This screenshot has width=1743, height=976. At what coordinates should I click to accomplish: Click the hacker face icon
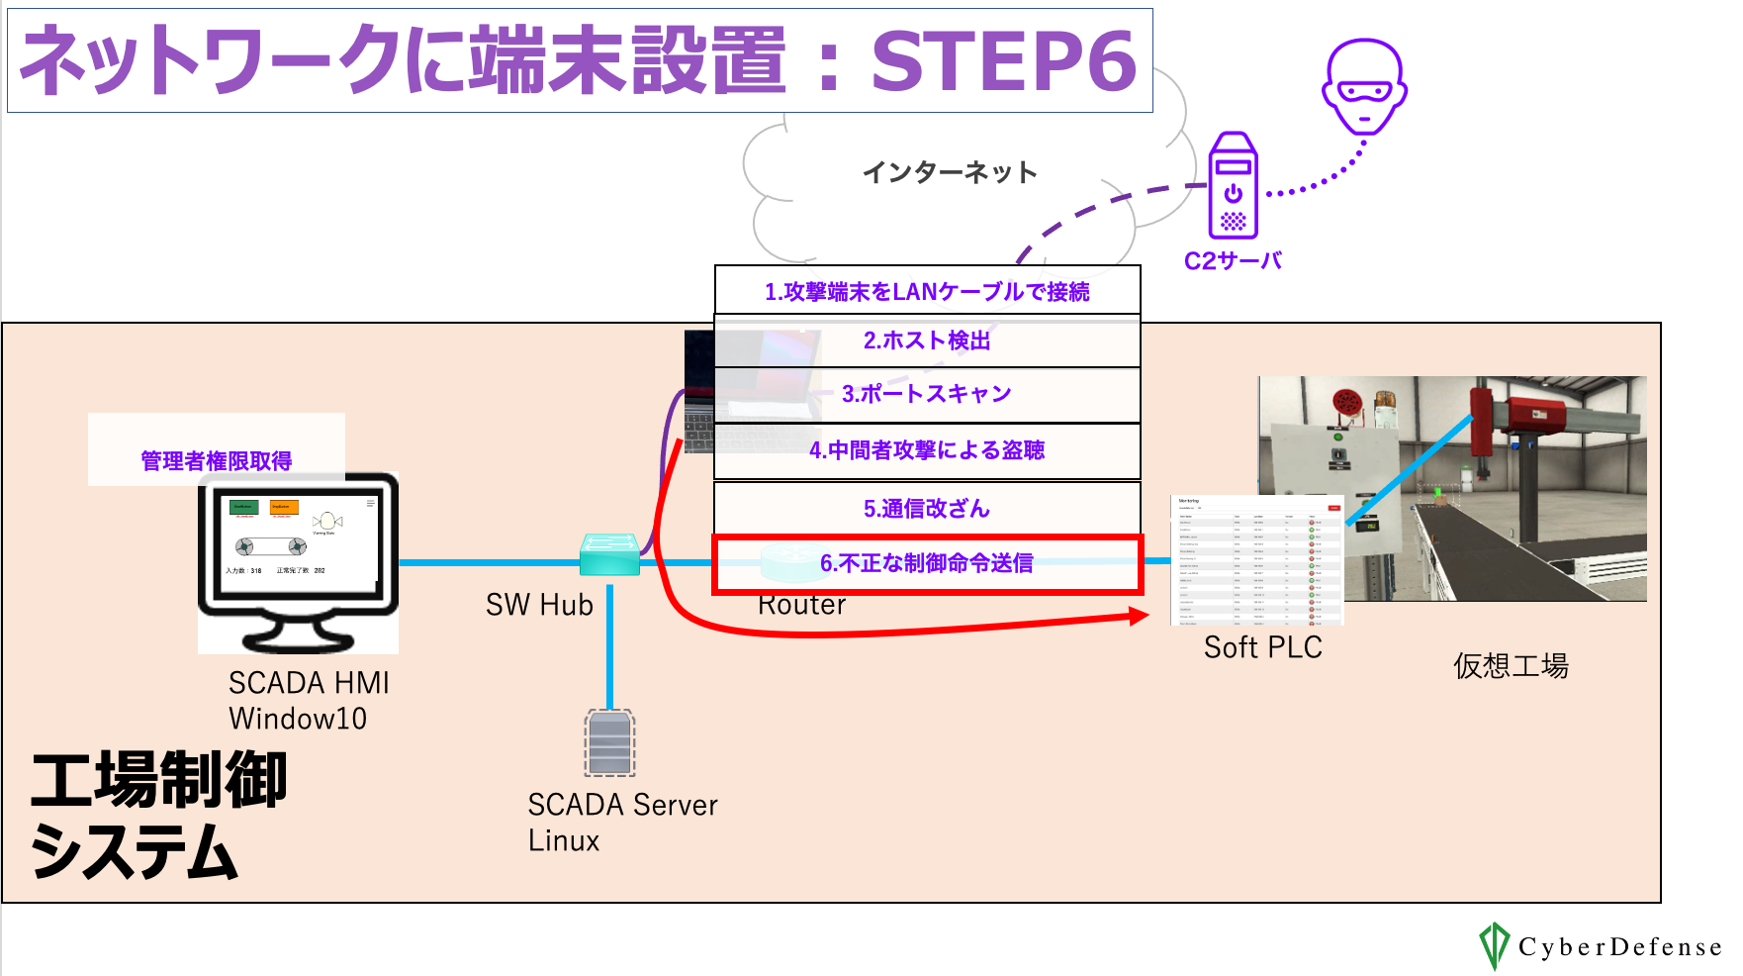coord(1364,87)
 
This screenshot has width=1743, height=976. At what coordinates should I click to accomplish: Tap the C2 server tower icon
coord(1233,186)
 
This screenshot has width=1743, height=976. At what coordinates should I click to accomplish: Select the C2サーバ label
coord(1233,261)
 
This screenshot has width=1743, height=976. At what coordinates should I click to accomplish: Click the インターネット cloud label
coord(950,172)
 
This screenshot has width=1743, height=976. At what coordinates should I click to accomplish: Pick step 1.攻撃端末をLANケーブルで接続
coord(927,291)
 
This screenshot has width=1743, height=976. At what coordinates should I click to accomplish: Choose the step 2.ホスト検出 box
coord(927,341)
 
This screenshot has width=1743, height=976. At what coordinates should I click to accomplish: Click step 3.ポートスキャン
coord(927,394)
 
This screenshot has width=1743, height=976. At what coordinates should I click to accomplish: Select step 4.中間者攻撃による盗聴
coord(927,450)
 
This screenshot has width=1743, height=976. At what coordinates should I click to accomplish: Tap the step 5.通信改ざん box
coord(927,508)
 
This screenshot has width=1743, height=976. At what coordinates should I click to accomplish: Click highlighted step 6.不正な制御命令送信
coord(927,563)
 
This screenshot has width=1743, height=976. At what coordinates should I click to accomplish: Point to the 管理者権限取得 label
coord(217,460)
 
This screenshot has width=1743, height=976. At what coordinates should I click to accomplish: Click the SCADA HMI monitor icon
coord(298,560)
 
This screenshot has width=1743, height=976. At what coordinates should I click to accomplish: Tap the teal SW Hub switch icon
coord(609,554)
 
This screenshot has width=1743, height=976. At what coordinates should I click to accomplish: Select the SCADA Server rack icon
coord(609,742)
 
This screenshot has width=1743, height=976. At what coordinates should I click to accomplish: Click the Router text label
coord(801,605)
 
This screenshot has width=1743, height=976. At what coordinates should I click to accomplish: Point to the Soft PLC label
coord(1262,647)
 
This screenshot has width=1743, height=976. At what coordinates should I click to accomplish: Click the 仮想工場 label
coord(1511,665)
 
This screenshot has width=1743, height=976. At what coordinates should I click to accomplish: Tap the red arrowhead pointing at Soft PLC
coord(1139,617)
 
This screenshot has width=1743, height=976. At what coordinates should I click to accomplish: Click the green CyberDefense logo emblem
coord(1493,945)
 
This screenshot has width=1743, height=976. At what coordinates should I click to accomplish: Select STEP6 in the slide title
coord(1003,61)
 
